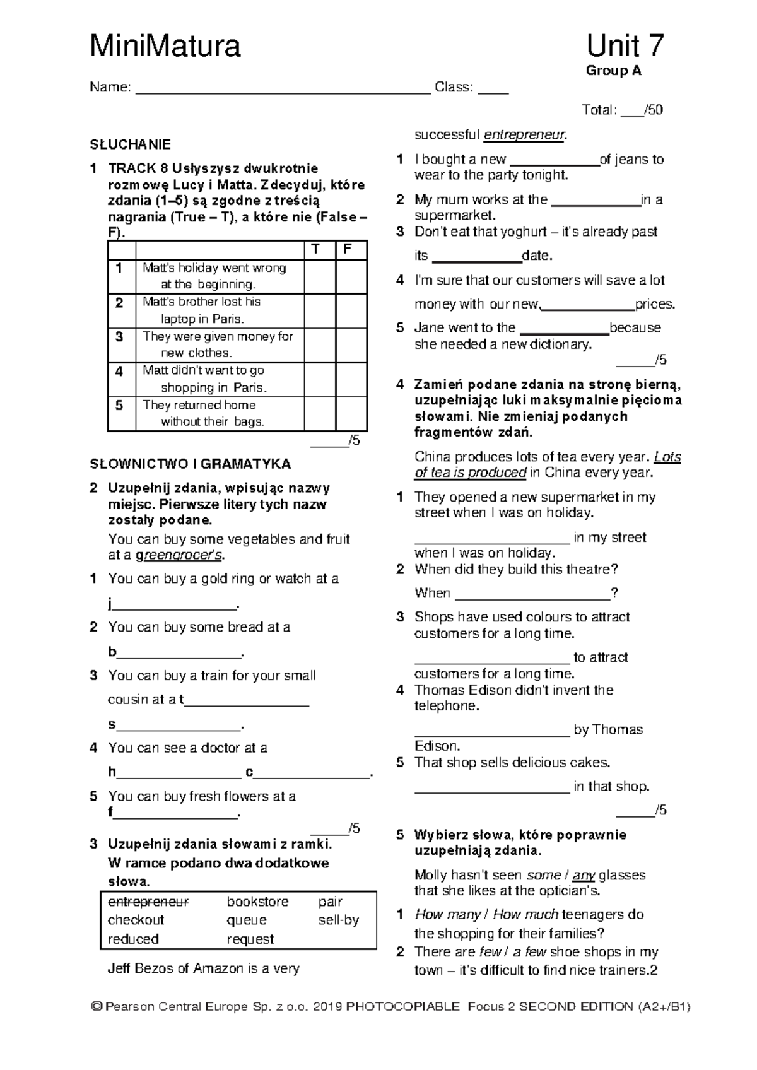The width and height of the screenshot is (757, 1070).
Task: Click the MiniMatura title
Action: point(165,47)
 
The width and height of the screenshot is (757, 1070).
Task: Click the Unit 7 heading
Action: point(625,47)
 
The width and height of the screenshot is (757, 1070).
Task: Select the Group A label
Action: point(613,71)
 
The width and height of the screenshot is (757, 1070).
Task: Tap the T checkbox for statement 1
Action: point(319,276)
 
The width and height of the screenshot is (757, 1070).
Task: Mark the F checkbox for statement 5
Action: point(351,414)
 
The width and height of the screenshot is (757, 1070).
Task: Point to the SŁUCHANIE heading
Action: point(131,144)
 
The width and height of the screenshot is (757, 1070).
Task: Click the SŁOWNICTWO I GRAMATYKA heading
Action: point(191,464)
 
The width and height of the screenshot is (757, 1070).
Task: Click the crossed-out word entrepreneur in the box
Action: point(148,902)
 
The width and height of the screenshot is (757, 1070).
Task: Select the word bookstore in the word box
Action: point(257,902)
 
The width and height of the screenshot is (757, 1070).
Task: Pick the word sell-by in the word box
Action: point(338,920)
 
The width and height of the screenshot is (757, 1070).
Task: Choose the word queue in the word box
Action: point(247,920)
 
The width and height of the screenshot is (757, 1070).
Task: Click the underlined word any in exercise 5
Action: point(584,875)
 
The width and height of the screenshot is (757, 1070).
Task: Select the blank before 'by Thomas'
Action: point(492,730)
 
